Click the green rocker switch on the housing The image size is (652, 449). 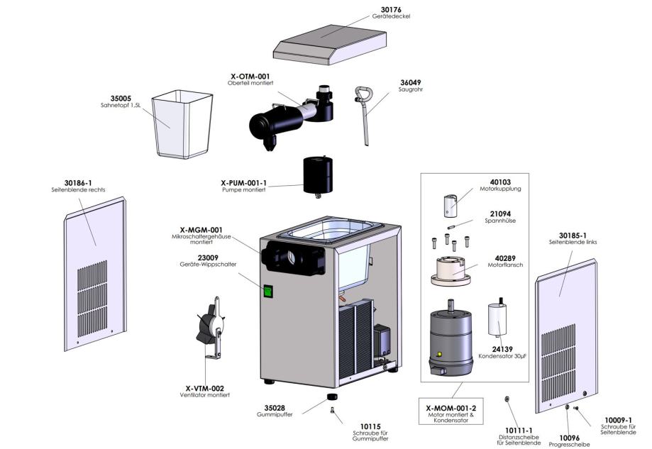tap(268, 290)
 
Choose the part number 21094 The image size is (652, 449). tap(500, 214)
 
